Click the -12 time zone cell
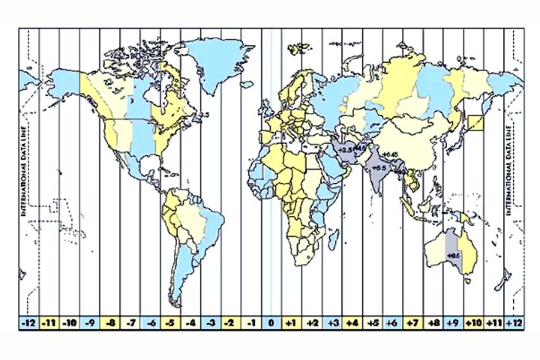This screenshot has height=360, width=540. tap(28, 322)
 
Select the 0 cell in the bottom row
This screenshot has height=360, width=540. tap(271, 322)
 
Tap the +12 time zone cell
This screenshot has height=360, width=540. tap(514, 322)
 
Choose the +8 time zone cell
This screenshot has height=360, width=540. tap(433, 322)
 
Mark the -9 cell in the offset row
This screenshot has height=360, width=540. tap(89, 322)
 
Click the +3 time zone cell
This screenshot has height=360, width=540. tap(332, 322)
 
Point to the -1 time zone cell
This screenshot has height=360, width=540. tap(251, 322)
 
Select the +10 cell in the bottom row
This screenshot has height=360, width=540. tap(473, 322)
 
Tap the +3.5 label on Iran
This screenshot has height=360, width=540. tap(346, 151)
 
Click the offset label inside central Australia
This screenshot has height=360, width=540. tap(452, 256)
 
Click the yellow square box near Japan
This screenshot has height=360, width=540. tap(476, 125)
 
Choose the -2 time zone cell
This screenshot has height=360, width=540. tap(231, 322)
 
